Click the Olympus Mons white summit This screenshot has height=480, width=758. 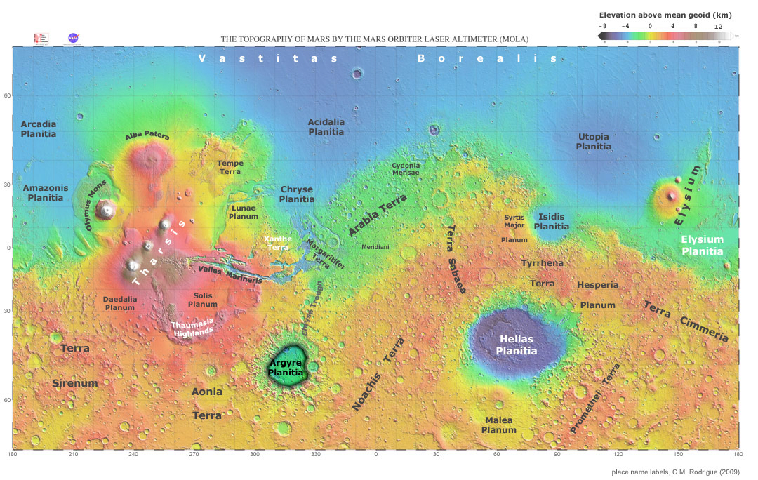107,208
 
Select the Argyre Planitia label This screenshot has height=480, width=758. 286,368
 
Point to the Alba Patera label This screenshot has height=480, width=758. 147,136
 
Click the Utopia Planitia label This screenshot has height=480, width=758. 593,141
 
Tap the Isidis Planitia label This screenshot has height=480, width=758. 552,222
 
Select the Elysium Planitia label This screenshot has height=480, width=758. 703,245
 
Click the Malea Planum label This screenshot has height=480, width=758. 499,425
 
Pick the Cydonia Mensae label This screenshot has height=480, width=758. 406,168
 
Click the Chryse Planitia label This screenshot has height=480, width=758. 297,194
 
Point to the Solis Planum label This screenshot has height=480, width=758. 203,300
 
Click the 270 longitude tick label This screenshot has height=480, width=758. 194,455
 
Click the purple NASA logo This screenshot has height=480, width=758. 73,38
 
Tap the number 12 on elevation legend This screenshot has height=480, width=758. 718,25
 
